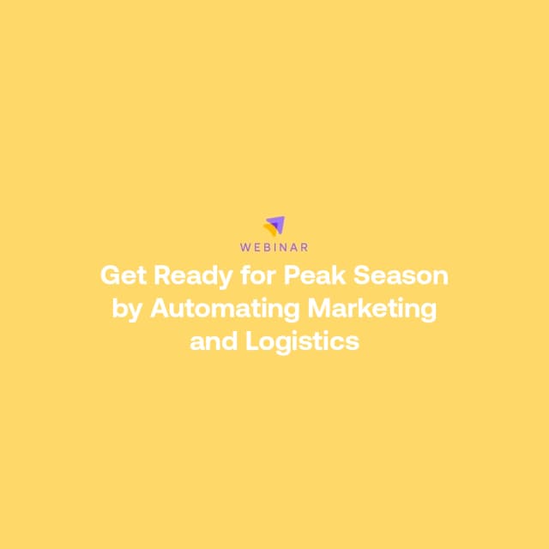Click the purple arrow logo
[276, 225]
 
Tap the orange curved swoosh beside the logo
[269, 230]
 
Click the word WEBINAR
[274, 247]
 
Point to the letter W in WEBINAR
[245, 247]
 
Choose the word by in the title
[127, 309]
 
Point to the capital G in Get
[110, 276]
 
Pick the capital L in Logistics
[251, 341]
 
